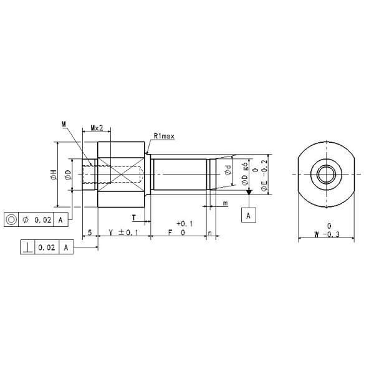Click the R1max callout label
[163, 135]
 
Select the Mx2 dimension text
[97, 128]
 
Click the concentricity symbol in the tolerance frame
[12, 219]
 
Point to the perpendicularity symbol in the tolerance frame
[29, 247]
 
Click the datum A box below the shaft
[249, 215]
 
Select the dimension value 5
[90, 232]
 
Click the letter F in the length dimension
[171, 232]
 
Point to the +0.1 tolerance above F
[185, 223]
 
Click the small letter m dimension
[225, 204]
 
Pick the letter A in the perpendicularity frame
[65, 247]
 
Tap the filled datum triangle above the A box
[249, 194]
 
